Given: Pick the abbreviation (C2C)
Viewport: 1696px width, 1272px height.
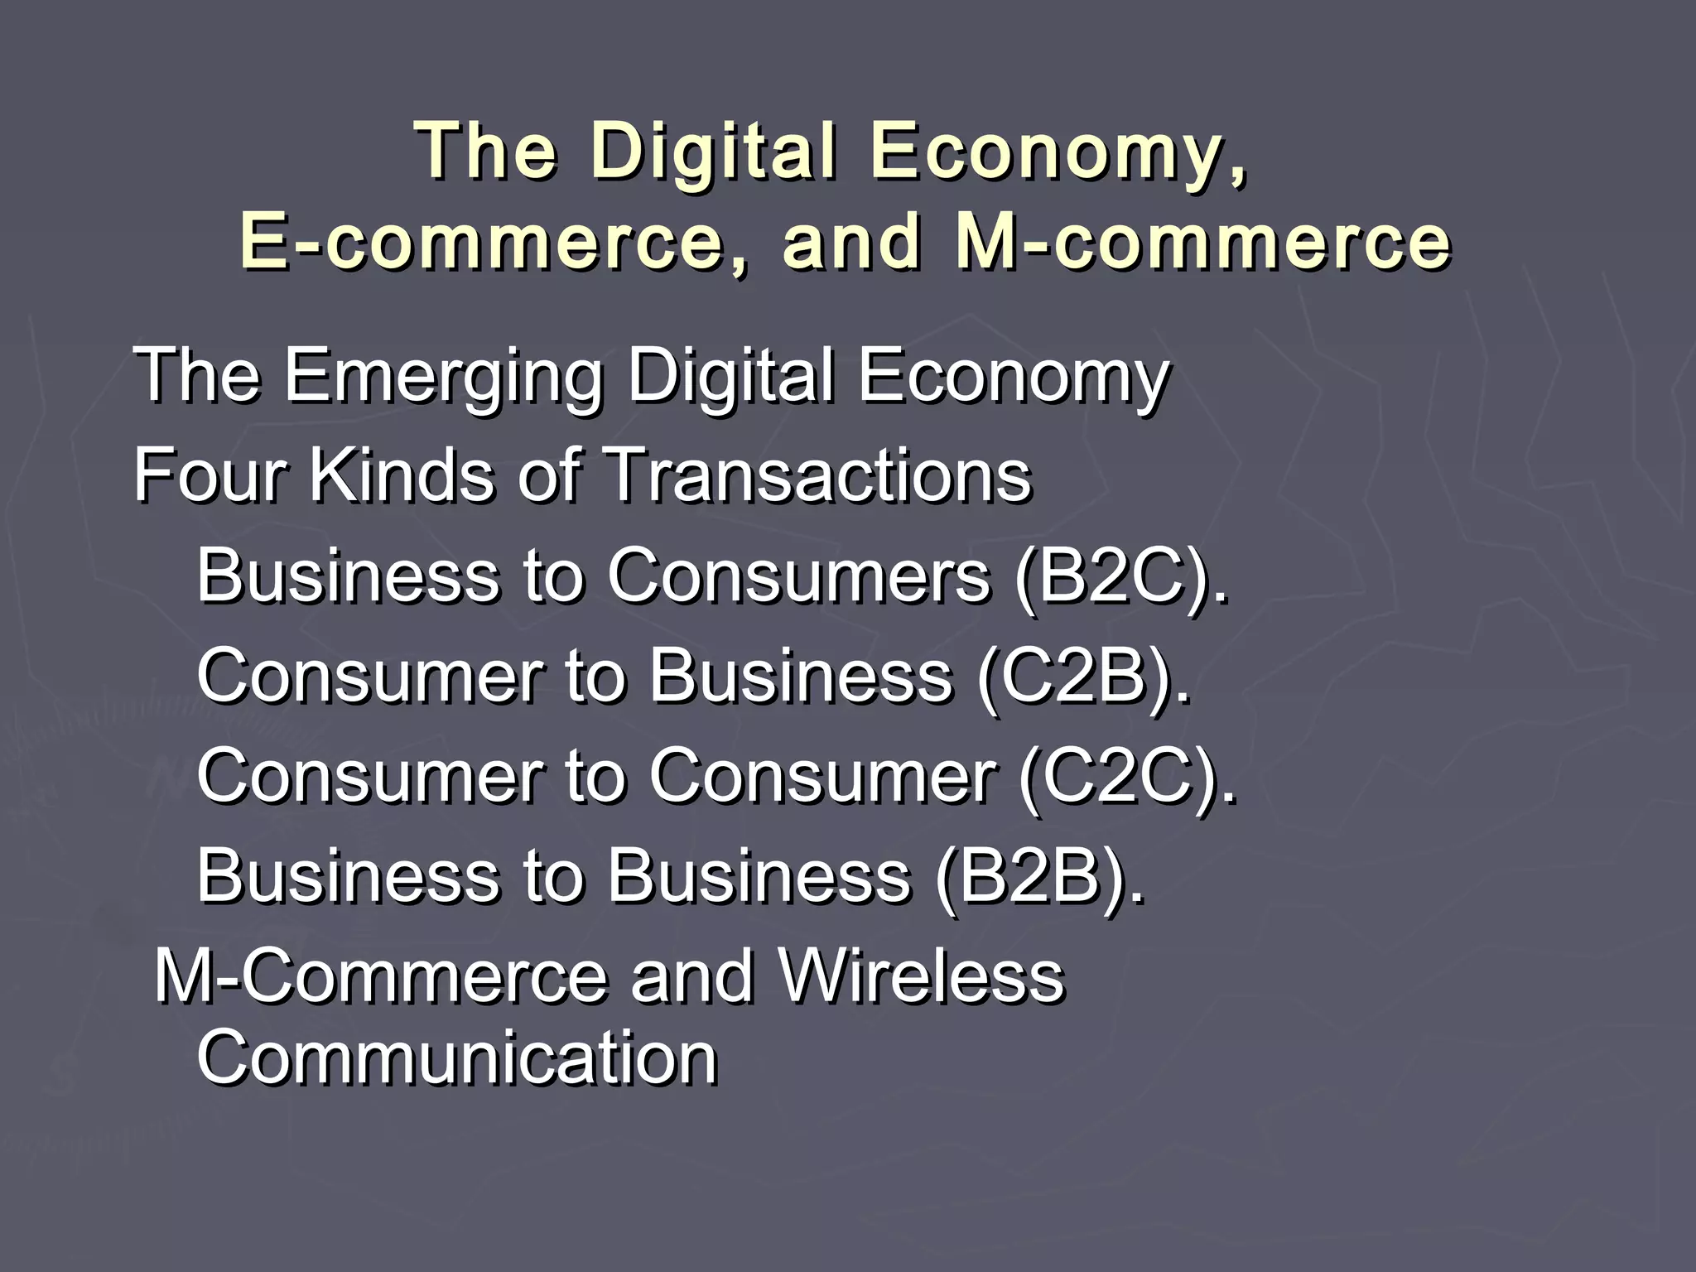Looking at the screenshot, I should click(1125, 775).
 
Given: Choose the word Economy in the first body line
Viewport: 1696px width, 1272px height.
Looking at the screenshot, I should click(1013, 376).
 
